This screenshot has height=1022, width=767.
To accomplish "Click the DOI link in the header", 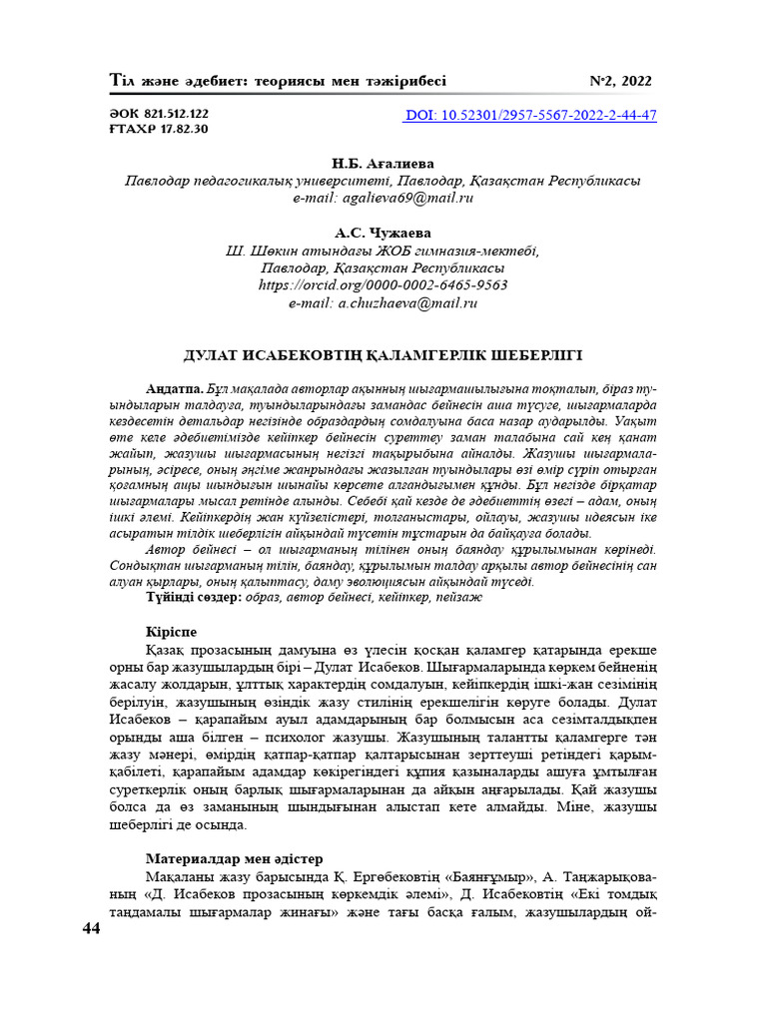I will [x=530, y=115].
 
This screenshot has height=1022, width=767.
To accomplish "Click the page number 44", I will [x=91, y=929].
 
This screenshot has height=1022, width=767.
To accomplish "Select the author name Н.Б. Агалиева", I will [x=383, y=164].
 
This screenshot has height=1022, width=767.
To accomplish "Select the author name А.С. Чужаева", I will [x=383, y=233].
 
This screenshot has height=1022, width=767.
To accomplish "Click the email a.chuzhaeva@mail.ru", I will [x=383, y=301].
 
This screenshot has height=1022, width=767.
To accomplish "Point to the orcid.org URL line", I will [x=383, y=284].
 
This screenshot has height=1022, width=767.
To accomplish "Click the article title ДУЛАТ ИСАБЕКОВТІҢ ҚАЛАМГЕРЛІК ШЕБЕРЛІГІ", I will [x=383, y=355].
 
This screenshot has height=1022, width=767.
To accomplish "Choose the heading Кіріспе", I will [x=171, y=632].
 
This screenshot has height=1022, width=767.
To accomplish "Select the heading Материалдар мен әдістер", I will [x=235, y=858].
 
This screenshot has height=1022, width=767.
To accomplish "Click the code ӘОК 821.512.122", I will [x=158, y=114].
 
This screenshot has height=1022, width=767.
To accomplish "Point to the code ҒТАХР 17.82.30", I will [x=158, y=129].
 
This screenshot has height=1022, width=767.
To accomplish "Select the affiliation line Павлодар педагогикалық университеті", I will [x=383, y=182].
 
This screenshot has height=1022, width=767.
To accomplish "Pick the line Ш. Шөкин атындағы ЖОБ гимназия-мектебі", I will [x=383, y=251].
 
